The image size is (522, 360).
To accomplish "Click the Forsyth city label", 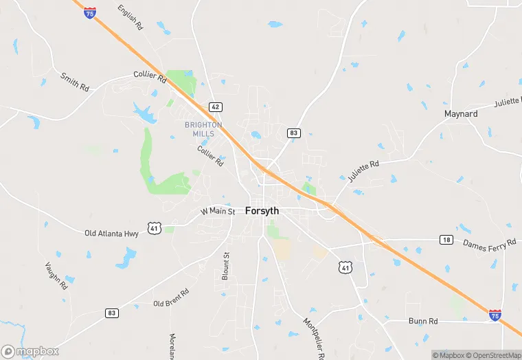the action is tap(262, 212).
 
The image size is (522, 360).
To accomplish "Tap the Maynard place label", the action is tap(461, 113).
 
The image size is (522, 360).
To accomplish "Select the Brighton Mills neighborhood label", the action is tap(203, 128).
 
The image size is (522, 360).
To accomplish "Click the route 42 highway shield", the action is tap(216, 107).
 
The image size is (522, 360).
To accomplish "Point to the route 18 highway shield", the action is tap(447, 239).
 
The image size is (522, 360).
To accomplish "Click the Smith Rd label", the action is tap(75, 82).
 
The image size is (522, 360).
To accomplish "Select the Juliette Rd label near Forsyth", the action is tap(363, 171).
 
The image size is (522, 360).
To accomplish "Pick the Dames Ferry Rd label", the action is tap(489, 244).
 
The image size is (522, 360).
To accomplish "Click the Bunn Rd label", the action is tap(423, 321).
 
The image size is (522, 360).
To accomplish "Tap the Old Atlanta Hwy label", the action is tap(111, 234).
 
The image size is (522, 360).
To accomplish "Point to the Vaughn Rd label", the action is tap(57, 274).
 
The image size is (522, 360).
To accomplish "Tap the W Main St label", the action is tap(218, 211).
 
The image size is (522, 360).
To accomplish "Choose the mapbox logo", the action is tap(30, 351).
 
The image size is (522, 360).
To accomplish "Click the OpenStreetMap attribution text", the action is tap(492, 355).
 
